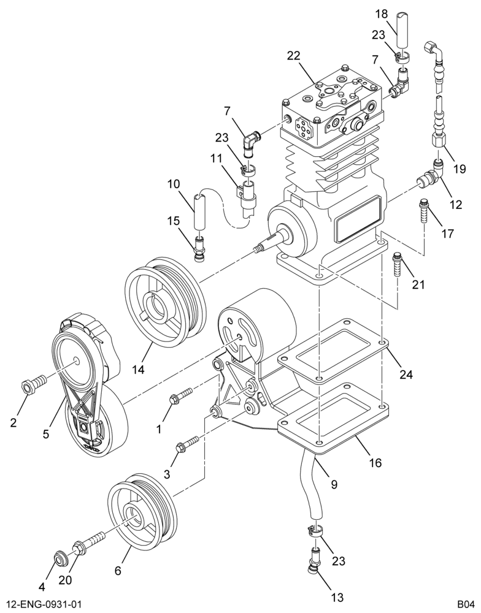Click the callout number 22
coord(293,56)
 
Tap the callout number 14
coord(138,368)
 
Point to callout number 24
coord(406,374)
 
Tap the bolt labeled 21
coord(397,264)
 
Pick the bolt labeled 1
coord(181,395)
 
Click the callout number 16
coord(374,463)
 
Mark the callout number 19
coord(460,169)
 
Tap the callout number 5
coord(46,434)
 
